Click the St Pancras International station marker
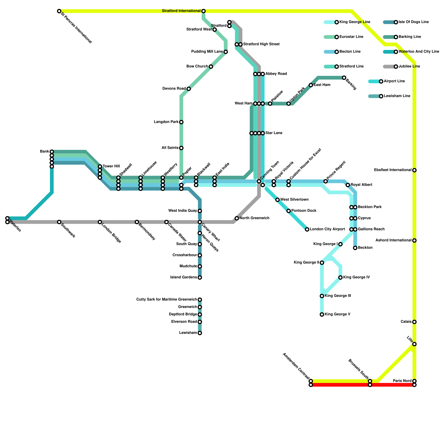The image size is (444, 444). [59, 11]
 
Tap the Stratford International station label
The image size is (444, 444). [181, 11]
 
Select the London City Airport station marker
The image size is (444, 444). [307, 229]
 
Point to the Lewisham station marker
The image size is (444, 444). [200, 333]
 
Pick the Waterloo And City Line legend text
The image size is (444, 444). [419, 52]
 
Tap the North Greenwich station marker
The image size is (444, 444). [237, 218]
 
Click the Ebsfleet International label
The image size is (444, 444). [393, 170]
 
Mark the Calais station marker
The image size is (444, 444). [414, 322]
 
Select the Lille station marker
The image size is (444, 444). [414, 344]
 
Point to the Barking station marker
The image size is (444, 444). [344, 78]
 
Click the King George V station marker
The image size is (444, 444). [322, 314]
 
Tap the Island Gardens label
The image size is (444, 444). [183, 277]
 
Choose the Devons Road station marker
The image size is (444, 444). [189, 89]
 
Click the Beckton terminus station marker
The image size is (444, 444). [355, 248]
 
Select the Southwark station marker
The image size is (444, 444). [59, 222]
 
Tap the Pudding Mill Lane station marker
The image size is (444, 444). [226, 52]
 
